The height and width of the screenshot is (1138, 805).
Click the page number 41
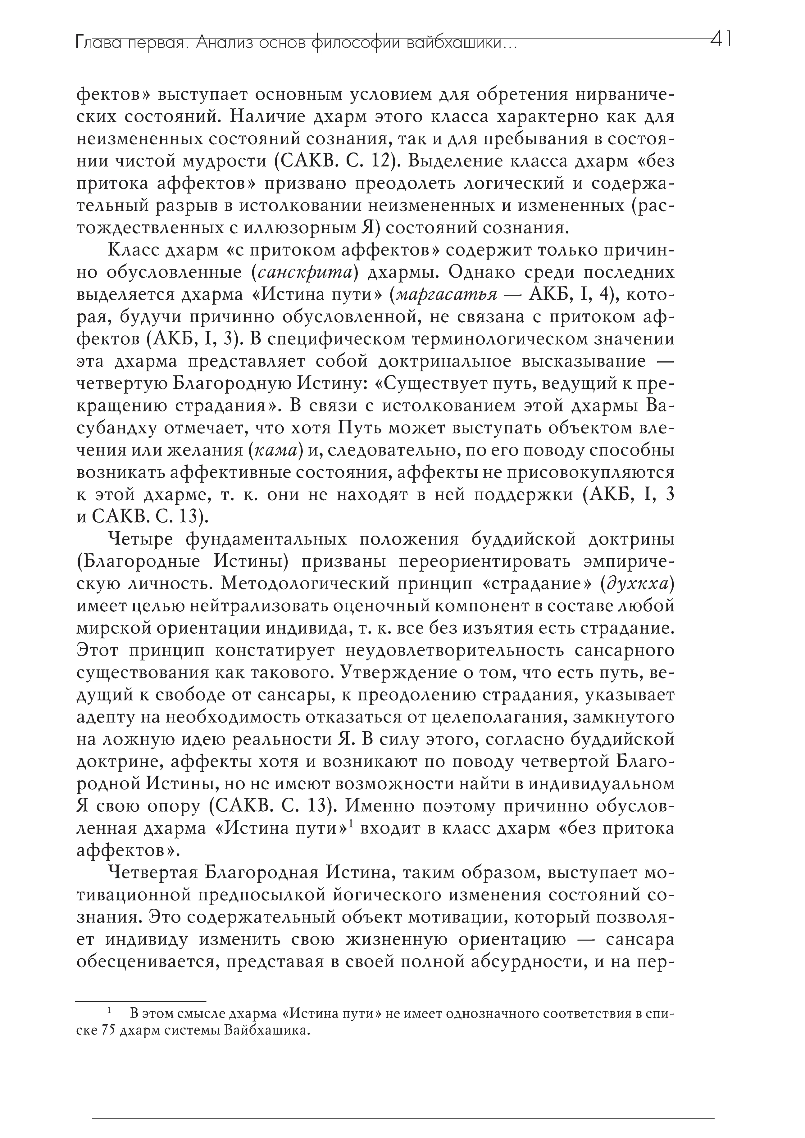click(721, 40)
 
